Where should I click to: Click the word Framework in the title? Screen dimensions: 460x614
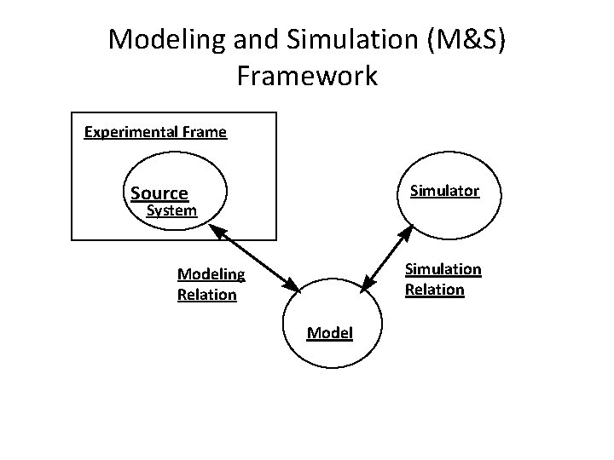(307, 77)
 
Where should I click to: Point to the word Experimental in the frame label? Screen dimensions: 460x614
(132, 132)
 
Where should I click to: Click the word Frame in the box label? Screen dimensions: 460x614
(205, 132)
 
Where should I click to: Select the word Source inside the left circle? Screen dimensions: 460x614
(159, 193)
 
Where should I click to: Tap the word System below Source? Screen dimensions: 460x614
(172, 210)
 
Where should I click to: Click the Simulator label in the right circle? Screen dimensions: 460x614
(444, 191)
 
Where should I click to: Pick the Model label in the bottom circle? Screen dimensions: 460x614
(330, 332)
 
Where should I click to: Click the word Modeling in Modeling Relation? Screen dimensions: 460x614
(211, 274)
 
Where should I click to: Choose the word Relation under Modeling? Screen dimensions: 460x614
(207, 295)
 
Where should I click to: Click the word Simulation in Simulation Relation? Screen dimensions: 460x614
(443, 269)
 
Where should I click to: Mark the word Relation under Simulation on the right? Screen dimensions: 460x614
(435, 290)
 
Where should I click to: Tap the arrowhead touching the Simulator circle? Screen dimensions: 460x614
(408, 230)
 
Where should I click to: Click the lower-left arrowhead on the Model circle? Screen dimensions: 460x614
(292, 288)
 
